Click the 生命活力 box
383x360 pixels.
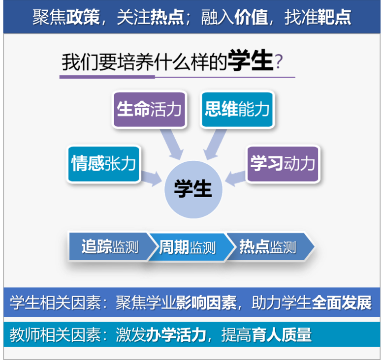pyautogui.click(x=149, y=109)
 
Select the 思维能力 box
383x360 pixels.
pyautogui.click(x=237, y=109)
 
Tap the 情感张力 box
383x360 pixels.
pyautogui.click(x=103, y=164)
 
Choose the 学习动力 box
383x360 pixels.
pyautogui.click(x=283, y=164)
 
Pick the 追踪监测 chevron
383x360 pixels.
pyautogui.click(x=109, y=247)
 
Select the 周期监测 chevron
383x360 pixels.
pyautogui.click(x=188, y=247)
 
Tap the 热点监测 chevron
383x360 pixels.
pyautogui.click(x=268, y=247)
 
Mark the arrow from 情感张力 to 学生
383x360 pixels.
pyautogui.click(x=152, y=177)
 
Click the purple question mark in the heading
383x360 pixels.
pyautogui.click(x=279, y=63)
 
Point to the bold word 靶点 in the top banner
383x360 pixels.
pyautogui.click(x=334, y=17)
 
